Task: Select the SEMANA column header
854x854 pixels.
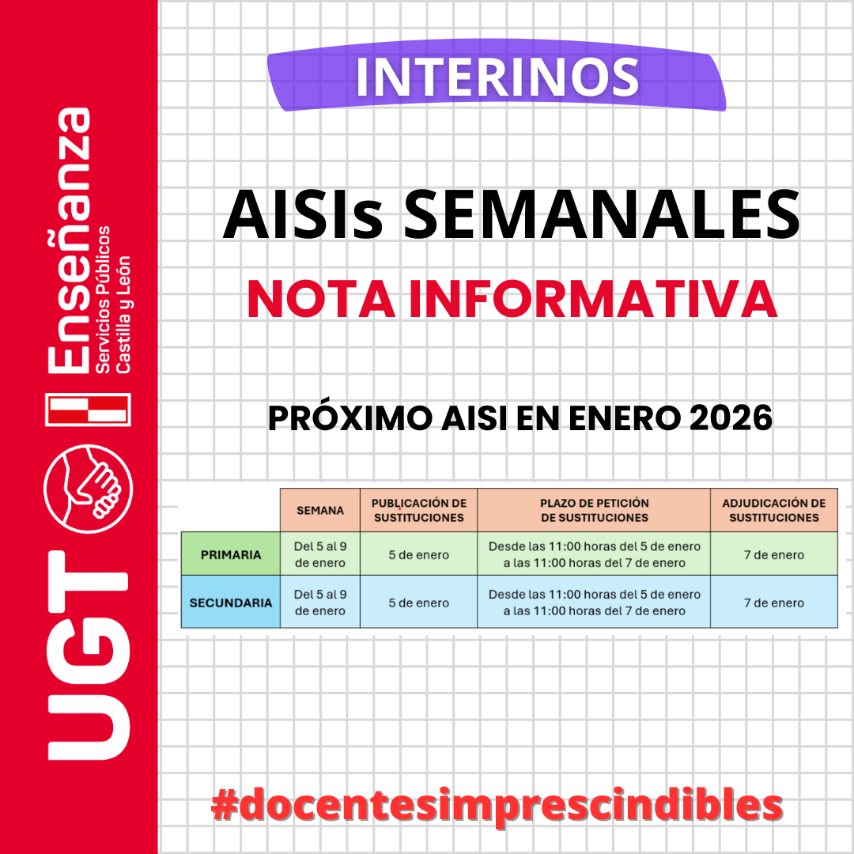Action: point(320,510)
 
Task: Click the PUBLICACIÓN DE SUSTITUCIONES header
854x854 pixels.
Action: point(418,510)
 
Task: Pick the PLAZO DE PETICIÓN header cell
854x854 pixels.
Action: point(594,510)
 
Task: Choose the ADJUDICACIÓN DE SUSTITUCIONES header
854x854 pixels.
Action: point(773,510)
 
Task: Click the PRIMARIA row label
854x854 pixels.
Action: point(231,554)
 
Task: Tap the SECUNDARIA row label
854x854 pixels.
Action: point(231,603)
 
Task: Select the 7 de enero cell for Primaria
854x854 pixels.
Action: point(773,554)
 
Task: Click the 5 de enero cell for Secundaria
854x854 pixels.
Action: point(418,603)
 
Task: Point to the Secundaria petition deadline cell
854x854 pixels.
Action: point(594,603)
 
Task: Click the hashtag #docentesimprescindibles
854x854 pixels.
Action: point(497,805)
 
